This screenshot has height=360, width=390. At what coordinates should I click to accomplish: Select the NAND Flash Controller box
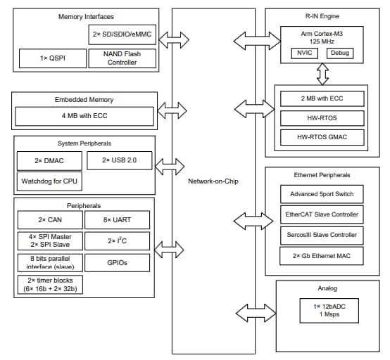pos(122,58)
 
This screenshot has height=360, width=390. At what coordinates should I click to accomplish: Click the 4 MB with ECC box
pos(84,115)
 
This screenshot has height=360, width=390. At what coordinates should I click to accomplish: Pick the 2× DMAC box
pos(49,161)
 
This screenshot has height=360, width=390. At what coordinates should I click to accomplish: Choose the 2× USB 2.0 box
pos(119,161)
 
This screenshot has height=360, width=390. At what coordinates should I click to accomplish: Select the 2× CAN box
pos(49,220)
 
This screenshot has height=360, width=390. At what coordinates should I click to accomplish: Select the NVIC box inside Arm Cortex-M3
pos(304,53)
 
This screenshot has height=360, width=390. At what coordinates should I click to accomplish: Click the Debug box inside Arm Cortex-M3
pos(340,53)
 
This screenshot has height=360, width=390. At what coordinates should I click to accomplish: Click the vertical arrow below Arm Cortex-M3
pos(322,72)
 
